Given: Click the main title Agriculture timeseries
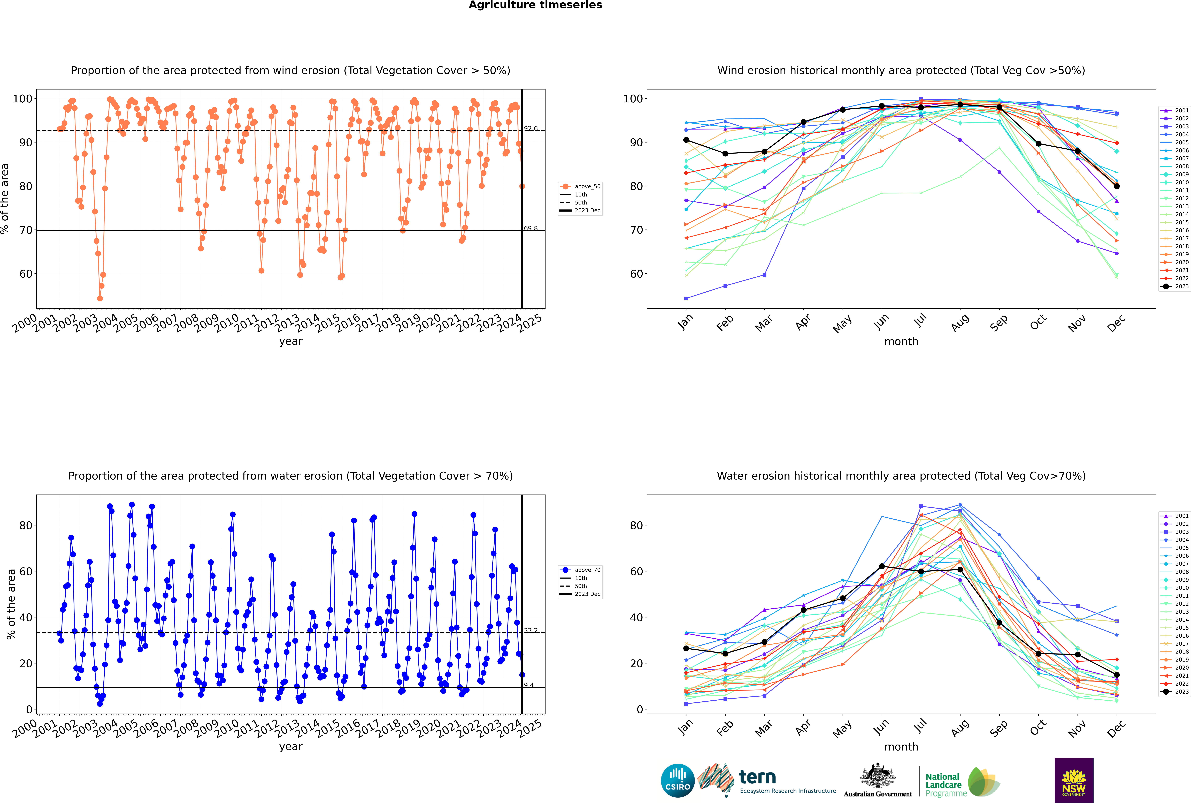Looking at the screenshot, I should coord(535,5).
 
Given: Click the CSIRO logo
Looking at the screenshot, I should coord(677,781).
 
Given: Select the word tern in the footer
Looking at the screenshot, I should coord(757,777).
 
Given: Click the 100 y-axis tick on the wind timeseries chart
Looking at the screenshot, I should coord(22,99).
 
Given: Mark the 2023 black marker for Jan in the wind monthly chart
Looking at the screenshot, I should coord(686,140).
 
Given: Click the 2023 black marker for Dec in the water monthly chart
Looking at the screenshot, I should coord(1117,675).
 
